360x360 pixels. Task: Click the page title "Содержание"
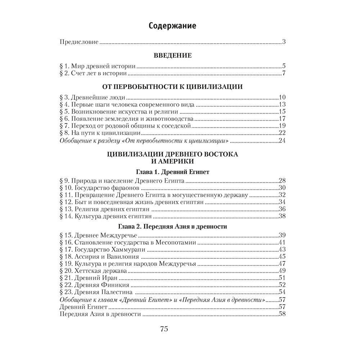coord(172,26)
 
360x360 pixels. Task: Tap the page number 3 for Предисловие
coord(284,42)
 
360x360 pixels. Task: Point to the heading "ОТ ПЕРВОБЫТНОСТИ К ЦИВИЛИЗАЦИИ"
coord(172,87)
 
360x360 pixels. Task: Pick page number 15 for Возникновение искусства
coord(282,111)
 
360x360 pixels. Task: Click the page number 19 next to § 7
coord(282,126)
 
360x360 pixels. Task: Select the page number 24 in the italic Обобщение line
coord(282,140)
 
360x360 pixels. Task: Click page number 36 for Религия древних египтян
coord(282,209)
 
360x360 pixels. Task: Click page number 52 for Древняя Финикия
coord(282,285)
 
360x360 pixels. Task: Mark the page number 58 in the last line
coord(282,314)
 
